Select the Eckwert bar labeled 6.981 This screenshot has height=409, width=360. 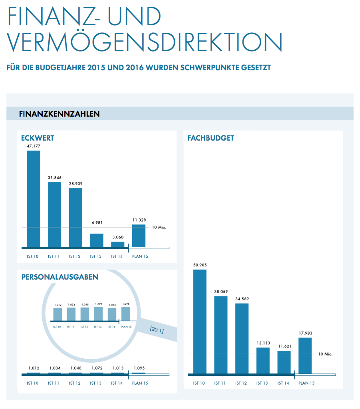(97, 240)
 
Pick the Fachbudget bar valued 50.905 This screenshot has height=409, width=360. (199, 322)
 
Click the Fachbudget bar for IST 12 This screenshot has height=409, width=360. (242, 339)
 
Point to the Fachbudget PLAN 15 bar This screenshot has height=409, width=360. (305, 356)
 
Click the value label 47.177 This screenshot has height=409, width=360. (34, 146)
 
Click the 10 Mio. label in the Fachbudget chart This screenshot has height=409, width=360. (325, 354)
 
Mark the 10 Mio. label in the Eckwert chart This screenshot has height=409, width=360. (159, 227)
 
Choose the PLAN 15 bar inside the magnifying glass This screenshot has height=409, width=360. (126, 314)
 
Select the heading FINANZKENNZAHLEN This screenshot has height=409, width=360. (59, 114)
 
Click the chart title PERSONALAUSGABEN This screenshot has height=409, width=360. (60, 277)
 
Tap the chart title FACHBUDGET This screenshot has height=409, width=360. (211, 138)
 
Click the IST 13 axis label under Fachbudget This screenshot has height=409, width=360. (262, 383)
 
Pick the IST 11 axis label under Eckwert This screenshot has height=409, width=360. (53, 256)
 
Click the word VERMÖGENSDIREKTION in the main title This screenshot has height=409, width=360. (145, 42)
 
